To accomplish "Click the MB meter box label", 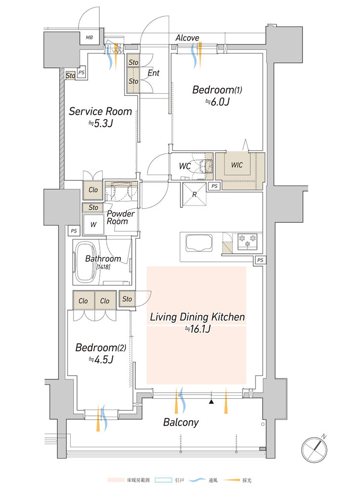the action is point(89,38).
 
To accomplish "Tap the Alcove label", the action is point(187,38).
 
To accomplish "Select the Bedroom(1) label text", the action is point(217,90).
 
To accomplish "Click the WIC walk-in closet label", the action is point(237,165).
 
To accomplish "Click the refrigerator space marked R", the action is point(195,194).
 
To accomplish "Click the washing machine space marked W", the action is point(93,225).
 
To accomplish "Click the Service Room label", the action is point(100,111).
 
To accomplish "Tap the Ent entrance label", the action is point(154,73).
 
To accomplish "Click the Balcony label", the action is point(181,422).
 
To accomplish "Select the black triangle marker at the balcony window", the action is point(211,402).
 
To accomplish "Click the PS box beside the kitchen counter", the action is point(260,260).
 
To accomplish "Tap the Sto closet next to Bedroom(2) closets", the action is point(127,299).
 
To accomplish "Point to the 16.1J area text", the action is point(198,329).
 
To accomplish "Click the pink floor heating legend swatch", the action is point(116,480).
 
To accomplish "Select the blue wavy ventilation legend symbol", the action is point(199,480).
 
